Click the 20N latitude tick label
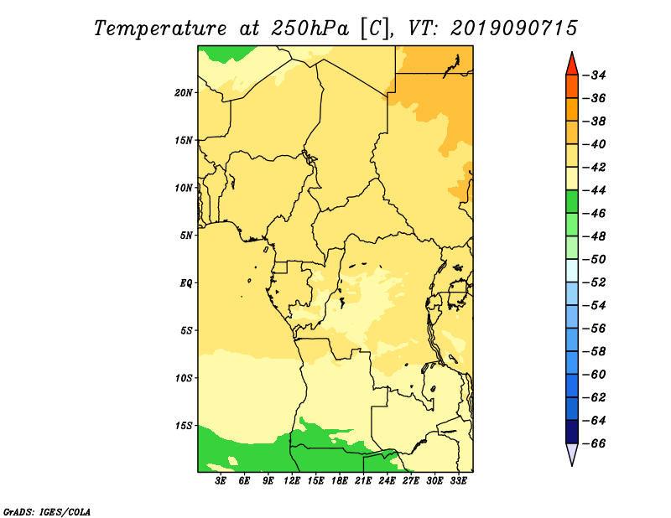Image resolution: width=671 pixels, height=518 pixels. click(183, 92)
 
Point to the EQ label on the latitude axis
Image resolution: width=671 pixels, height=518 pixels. click(185, 282)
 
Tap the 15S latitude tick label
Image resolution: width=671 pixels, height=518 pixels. click(184, 426)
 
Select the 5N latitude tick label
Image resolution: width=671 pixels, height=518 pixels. click(185, 236)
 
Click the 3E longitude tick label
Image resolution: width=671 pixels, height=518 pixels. click(221, 480)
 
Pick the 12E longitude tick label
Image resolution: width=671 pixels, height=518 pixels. click(291, 480)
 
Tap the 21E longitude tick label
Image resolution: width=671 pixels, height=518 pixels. click(363, 480)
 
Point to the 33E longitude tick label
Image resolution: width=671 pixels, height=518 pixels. click(458, 480)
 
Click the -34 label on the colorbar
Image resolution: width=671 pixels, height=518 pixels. click(595, 75)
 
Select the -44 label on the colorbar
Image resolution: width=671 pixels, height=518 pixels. click(595, 190)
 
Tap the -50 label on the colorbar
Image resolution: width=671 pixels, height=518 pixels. click(595, 259)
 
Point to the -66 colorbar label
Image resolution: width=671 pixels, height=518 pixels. click(595, 443)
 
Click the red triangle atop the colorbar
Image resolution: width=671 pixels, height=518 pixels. click(572, 65)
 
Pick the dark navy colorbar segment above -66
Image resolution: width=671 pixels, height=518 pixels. click(572, 432)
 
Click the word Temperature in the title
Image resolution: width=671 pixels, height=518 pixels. click(160, 28)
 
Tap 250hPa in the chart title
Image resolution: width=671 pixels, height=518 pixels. click(309, 28)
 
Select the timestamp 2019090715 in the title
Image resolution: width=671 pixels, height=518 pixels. click(514, 28)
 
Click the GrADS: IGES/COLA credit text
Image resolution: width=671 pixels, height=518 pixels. click(47, 511)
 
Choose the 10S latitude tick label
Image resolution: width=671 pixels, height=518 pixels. click(184, 378)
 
